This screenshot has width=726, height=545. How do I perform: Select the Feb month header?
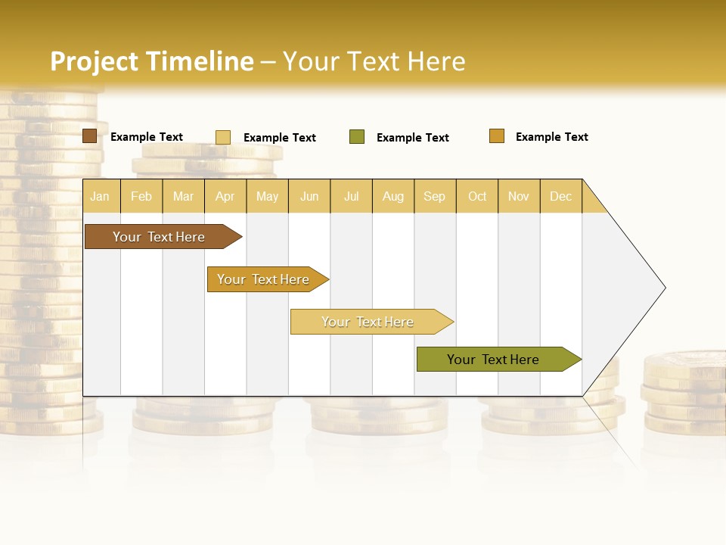tap(141, 196)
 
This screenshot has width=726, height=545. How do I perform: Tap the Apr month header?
tap(225, 196)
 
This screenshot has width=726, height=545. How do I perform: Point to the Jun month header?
tap(309, 196)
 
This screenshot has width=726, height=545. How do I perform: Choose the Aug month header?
tap(393, 196)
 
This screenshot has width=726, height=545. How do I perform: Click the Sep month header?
tap(435, 196)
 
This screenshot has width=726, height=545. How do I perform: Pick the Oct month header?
tap(477, 196)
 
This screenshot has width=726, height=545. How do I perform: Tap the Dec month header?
tap(561, 196)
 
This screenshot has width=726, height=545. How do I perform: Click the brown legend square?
tap(89, 136)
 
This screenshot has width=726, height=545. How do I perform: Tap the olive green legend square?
tap(357, 137)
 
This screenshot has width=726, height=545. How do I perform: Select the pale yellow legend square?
tap(223, 137)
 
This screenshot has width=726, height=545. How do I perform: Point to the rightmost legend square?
tap(497, 136)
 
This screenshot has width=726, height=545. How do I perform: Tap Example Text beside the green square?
tap(413, 138)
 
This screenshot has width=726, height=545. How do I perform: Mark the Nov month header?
tap(519, 196)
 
